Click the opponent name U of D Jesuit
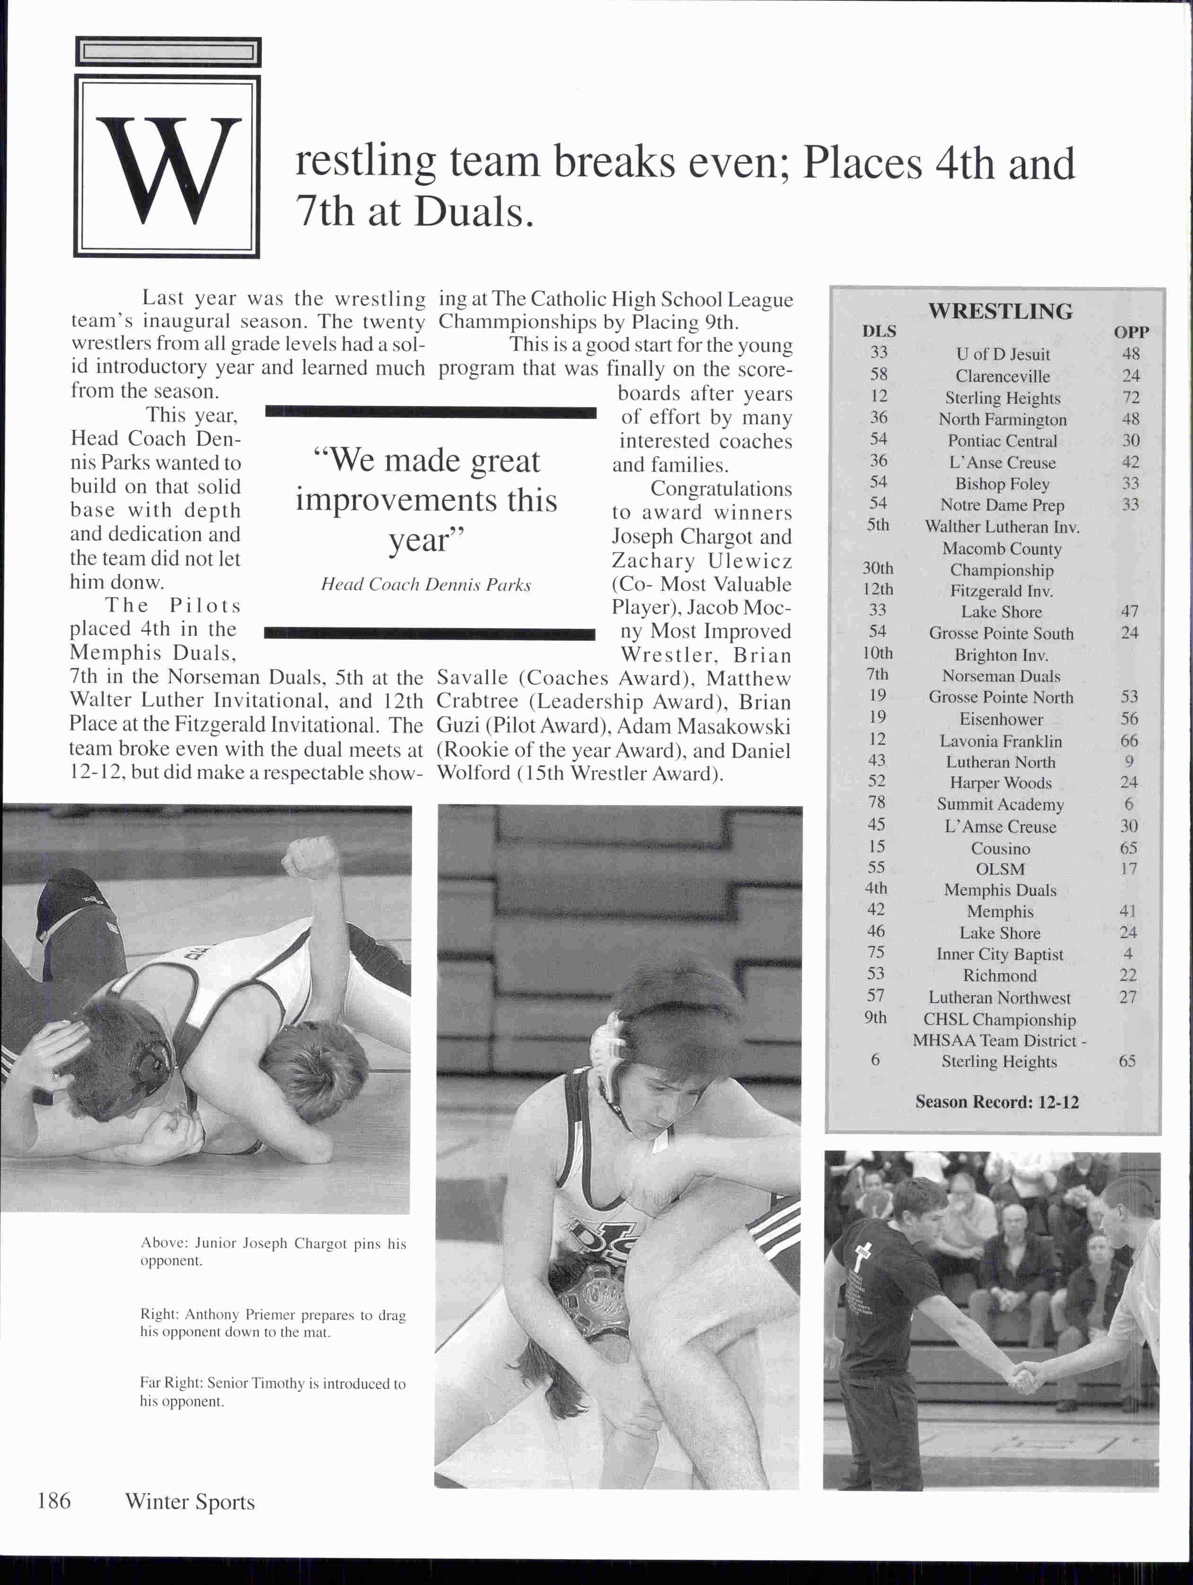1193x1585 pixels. pyautogui.click(x=1002, y=354)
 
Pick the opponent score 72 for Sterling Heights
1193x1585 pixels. pyautogui.click(x=1131, y=397)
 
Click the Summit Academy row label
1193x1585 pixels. pyautogui.click(x=1000, y=804)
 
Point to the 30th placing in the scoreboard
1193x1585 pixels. pyautogui.click(x=878, y=568)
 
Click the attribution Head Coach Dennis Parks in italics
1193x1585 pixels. pyautogui.click(x=426, y=585)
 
